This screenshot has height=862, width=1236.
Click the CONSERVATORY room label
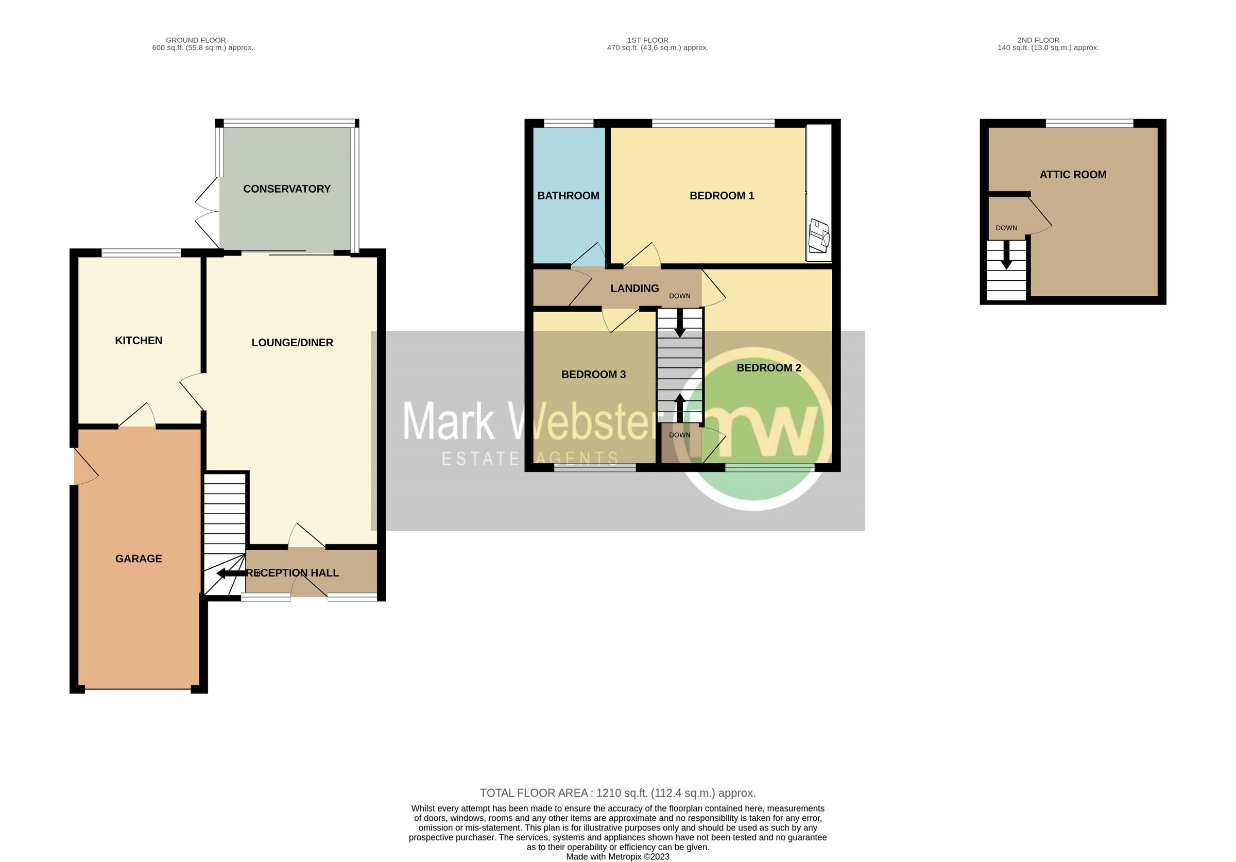(286, 189)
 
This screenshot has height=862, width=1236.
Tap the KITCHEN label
(139, 340)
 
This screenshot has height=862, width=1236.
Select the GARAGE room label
(139, 559)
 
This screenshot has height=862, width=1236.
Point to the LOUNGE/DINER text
(293, 343)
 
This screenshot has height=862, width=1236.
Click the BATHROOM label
(568, 195)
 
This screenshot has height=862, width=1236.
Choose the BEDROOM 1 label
(722, 195)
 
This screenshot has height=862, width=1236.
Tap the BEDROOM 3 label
(593, 374)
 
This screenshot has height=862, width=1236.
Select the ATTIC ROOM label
(1072, 175)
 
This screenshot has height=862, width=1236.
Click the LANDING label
(634, 288)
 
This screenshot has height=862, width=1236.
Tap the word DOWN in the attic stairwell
(1006, 228)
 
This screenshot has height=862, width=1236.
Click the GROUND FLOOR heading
(195, 40)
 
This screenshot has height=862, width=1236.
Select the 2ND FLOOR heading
(1038, 40)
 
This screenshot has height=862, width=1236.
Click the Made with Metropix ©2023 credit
(617, 856)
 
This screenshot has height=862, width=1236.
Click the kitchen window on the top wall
(141, 252)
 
